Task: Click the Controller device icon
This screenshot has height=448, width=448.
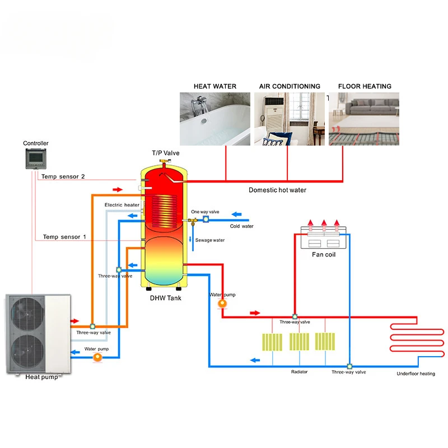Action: click(36, 159)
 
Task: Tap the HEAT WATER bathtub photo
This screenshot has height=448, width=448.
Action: click(215, 119)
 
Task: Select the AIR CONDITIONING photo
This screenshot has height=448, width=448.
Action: click(290, 119)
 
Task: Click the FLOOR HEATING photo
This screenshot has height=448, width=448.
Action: click(364, 119)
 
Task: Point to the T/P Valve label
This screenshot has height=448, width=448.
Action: click(166, 153)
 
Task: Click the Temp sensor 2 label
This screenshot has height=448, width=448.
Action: click(64, 176)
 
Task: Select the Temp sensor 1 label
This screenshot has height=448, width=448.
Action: click(64, 237)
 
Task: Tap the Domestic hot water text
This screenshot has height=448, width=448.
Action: click(277, 190)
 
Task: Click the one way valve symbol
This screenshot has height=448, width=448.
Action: click(206, 220)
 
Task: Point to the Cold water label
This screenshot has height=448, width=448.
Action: click(242, 226)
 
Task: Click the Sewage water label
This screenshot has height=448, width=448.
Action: click(210, 240)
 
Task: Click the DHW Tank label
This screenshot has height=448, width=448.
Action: click(165, 298)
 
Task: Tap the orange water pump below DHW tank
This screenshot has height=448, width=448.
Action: click(222, 303)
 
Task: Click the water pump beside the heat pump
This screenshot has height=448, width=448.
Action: click(97, 356)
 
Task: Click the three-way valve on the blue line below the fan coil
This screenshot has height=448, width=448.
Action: click(348, 367)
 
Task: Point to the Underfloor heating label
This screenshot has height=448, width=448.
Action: click(416, 374)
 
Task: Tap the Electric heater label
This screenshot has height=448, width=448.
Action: click(122, 205)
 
